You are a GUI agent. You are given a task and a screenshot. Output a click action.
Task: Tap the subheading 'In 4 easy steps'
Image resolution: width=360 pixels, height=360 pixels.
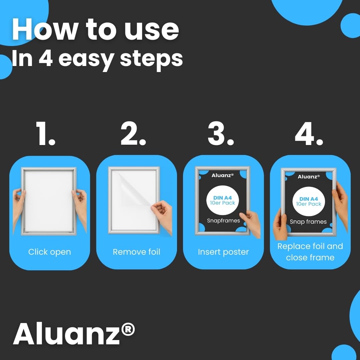pyautogui.click(x=97, y=59)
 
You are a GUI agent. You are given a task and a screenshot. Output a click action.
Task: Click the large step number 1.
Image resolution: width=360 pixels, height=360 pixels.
pyautogui.click(x=46, y=133)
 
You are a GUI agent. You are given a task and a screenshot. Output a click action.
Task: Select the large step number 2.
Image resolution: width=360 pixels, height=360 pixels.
pyautogui.click(x=133, y=133)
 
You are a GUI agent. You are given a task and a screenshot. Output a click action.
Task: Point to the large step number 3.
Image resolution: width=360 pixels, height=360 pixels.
pyautogui.click(x=221, y=133)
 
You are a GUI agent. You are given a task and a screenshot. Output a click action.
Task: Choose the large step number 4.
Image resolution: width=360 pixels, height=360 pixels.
pyautogui.click(x=309, y=134)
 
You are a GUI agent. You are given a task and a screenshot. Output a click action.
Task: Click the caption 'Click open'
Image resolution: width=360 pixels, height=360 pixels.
pyautogui.click(x=50, y=252)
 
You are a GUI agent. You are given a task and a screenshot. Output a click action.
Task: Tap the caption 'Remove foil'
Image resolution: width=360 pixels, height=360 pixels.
pyautogui.click(x=136, y=252)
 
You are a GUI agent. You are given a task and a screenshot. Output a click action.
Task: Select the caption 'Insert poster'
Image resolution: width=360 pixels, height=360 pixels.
pyautogui.click(x=223, y=252)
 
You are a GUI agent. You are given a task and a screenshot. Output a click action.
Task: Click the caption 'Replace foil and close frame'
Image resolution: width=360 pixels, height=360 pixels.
pyautogui.click(x=310, y=252)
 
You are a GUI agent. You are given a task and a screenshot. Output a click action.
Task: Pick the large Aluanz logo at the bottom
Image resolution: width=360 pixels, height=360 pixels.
pyautogui.click(x=74, y=333)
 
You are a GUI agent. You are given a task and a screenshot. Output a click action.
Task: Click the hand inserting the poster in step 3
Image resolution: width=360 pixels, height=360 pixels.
pyautogui.click(x=251, y=223)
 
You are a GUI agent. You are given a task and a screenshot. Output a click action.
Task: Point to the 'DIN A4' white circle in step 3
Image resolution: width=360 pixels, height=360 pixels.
pyautogui.click(x=222, y=200)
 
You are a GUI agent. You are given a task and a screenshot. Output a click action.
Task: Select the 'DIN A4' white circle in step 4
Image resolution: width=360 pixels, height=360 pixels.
pyautogui.click(x=309, y=201)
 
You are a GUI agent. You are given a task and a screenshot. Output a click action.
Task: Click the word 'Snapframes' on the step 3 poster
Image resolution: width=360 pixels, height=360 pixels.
pyautogui.click(x=223, y=221)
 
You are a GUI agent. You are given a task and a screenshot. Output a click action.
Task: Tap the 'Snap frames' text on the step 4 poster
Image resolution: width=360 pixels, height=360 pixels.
pyautogui.click(x=308, y=222)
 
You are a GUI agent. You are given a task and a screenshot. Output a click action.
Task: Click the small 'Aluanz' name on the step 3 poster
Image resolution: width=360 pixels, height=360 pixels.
pyautogui.click(x=222, y=175)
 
